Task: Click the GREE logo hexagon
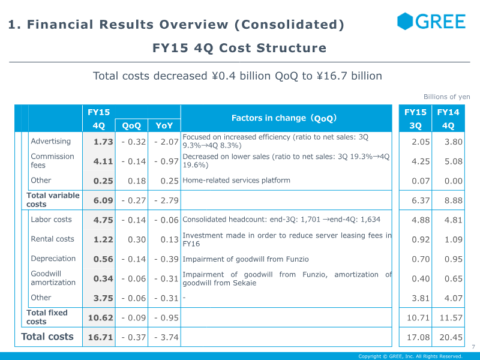(405, 21)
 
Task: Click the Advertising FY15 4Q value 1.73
(103, 142)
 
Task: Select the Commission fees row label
(52, 161)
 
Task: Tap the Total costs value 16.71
(100, 337)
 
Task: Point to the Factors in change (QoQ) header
(284, 118)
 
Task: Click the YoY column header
(164, 125)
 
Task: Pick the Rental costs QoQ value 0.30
(137, 239)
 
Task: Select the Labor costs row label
(51, 220)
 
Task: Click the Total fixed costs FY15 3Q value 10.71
(418, 318)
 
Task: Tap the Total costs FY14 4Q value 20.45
(451, 337)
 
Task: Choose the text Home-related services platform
(236, 181)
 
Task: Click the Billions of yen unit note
(446, 97)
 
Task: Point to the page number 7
(473, 347)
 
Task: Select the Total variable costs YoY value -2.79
(166, 200)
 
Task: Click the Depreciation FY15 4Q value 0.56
(103, 259)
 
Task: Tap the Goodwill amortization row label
(53, 278)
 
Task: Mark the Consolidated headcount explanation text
(281, 220)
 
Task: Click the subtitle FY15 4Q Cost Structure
(239, 48)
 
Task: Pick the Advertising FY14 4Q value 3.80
(454, 142)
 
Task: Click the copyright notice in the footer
(410, 356)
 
